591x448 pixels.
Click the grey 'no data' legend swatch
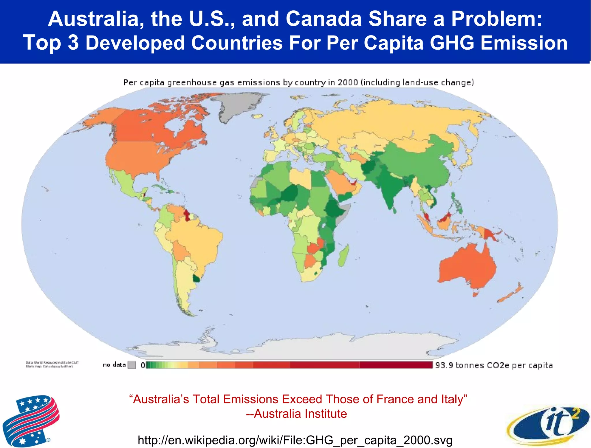click(x=132, y=365)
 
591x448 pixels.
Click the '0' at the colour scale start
click(x=143, y=365)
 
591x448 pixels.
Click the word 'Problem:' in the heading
click(x=496, y=19)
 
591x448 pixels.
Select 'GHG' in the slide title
click(x=452, y=43)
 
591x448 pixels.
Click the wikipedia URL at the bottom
click(x=295, y=440)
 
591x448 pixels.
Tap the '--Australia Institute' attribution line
click(x=296, y=414)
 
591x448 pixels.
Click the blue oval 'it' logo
click(x=548, y=425)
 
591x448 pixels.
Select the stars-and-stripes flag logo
click(x=30, y=420)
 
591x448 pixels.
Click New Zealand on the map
click(x=511, y=294)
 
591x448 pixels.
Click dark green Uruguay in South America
click(x=197, y=279)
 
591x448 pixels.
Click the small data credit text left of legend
click(x=52, y=364)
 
